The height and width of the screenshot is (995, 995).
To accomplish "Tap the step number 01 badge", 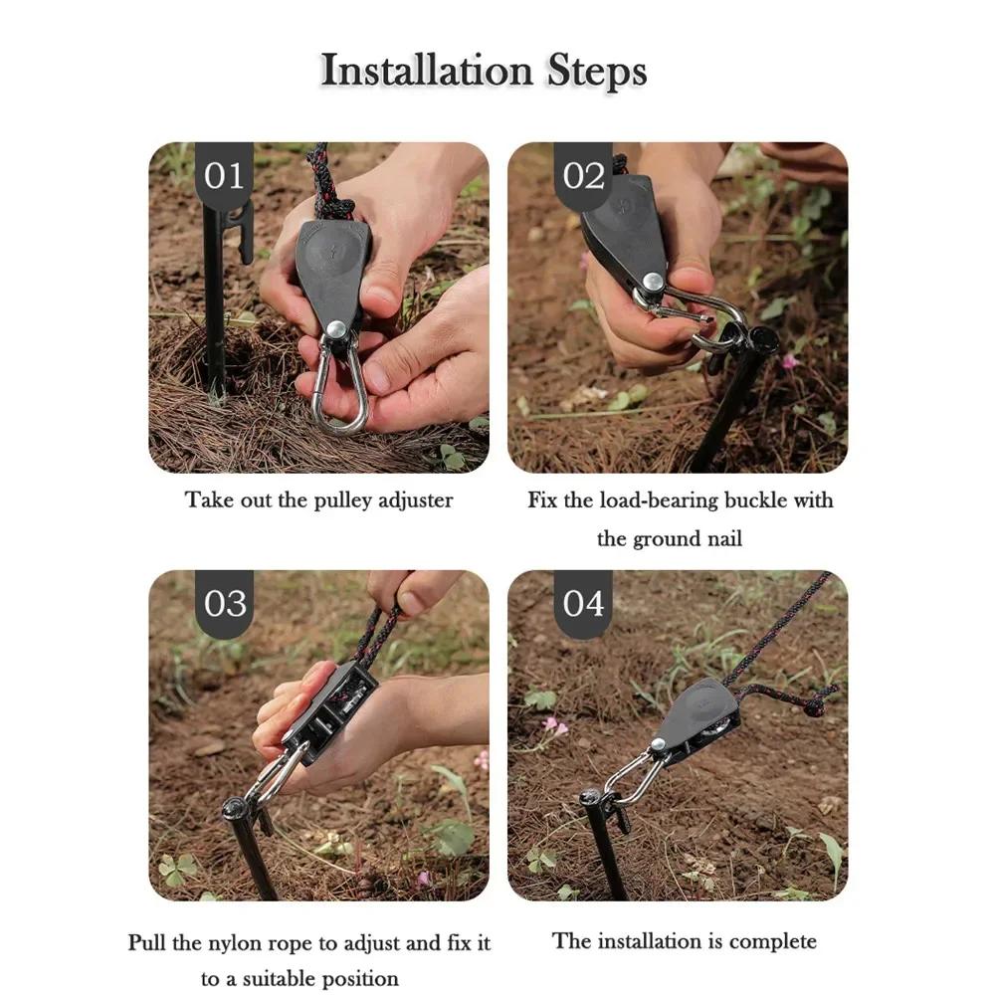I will coord(223,176).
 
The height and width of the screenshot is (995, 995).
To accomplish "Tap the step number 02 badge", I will coord(583,176).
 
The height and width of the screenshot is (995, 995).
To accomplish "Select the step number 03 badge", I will coord(224,604).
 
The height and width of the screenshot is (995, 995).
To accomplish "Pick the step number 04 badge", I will coord(583,604).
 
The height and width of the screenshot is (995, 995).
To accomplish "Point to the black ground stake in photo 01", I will coord(214,298).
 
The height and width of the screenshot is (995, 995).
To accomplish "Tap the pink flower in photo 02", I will coord(789,361).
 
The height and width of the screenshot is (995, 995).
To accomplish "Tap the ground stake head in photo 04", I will coord(592,796).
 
